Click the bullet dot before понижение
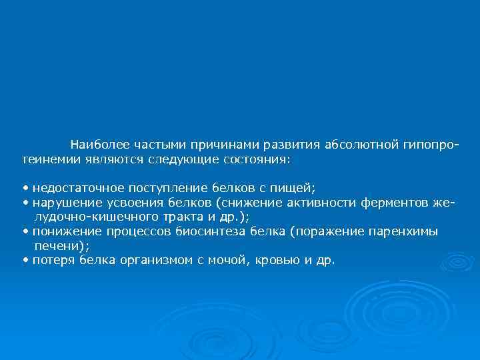pyautogui.click(x=25, y=232)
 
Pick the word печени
pyautogui.click(x=57, y=246)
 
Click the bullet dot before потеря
pyautogui.click(x=25, y=261)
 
